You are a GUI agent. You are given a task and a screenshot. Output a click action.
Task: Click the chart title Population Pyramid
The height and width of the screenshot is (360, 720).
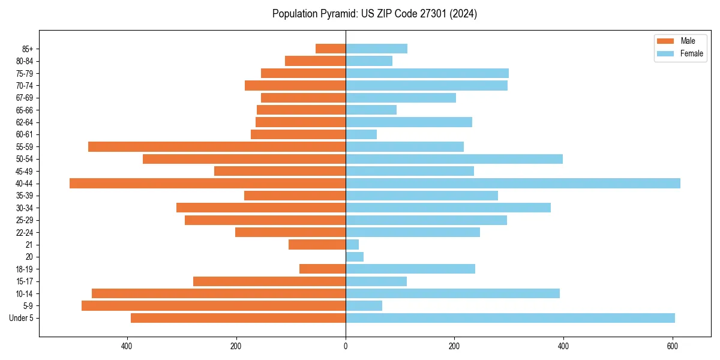pyautogui.click(x=374, y=14)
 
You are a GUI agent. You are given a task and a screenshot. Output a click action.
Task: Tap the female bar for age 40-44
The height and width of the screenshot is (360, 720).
pyautogui.click(x=513, y=184)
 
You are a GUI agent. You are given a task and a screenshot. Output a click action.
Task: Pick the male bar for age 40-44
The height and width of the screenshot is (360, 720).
pyautogui.click(x=208, y=184)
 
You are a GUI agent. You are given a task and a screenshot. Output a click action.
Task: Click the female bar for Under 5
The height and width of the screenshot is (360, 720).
pyautogui.click(x=510, y=318)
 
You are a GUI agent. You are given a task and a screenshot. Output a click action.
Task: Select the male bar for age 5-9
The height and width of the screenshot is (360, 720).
pyautogui.click(x=214, y=306)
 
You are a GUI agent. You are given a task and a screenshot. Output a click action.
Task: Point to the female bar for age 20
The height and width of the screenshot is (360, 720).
pyautogui.click(x=355, y=257)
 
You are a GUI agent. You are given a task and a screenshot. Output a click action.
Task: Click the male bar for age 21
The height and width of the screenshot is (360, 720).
pyautogui.click(x=317, y=245)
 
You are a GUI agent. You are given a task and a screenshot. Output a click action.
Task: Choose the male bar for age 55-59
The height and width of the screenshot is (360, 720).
pyautogui.click(x=217, y=147)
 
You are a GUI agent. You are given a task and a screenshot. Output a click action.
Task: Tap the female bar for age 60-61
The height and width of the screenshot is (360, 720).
pyautogui.click(x=361, y=134)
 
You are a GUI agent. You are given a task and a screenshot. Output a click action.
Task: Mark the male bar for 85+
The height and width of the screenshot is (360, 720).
pyautogui.click(x=331, y=49)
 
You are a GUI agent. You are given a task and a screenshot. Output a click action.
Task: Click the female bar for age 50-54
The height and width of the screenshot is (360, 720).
pyautogui.click(x=454, y=159)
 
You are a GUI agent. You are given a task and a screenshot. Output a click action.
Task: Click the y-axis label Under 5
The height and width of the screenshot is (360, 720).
pyautogui.click(x=22, y=318)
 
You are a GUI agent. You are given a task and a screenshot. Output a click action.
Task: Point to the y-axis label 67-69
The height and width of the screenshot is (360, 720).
pyautogui.click(x=25, y=98)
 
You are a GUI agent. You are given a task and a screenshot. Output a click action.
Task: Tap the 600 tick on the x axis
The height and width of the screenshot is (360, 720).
pyautogui.click(x=673, y=346)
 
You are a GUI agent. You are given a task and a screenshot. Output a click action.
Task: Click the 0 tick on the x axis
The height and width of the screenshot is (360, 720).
pyautogui.click(x=346, y=346)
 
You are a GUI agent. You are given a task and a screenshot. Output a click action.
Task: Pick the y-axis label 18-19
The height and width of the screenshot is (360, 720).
pyautogui.click(x=25, y=269)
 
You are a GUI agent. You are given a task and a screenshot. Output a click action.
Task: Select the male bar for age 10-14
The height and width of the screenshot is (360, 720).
pyautogui.click(x=218, y=293)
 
